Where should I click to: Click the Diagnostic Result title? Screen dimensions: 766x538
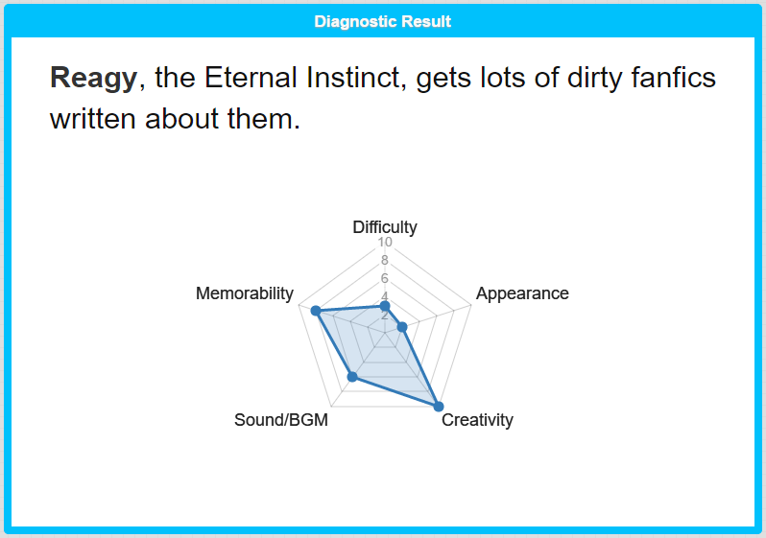point(382,21)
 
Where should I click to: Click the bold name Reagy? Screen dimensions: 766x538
point(93,78)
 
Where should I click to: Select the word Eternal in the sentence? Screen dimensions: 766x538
point(251,77)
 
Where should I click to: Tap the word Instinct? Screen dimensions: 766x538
point(356,77)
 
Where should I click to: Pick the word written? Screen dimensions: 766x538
point(93,119)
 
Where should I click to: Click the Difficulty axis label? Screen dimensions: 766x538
point(385,227)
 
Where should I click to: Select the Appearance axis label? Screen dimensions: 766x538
point(522,293)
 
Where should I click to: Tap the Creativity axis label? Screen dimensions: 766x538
point(477,420)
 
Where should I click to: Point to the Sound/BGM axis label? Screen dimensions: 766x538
point(281,420)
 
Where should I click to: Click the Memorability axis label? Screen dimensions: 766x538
point(245,293)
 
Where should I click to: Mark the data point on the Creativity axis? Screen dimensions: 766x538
point(439,407)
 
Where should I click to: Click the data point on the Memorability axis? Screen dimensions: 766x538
point(316,311)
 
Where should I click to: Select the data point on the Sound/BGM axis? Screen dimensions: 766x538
point(352,377)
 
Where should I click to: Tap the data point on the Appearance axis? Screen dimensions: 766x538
point(402,327)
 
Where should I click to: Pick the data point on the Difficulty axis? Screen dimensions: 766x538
point(385,306)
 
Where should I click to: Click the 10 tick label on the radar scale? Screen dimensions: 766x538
point(385,242)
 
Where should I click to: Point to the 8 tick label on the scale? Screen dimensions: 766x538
point(385,260)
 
